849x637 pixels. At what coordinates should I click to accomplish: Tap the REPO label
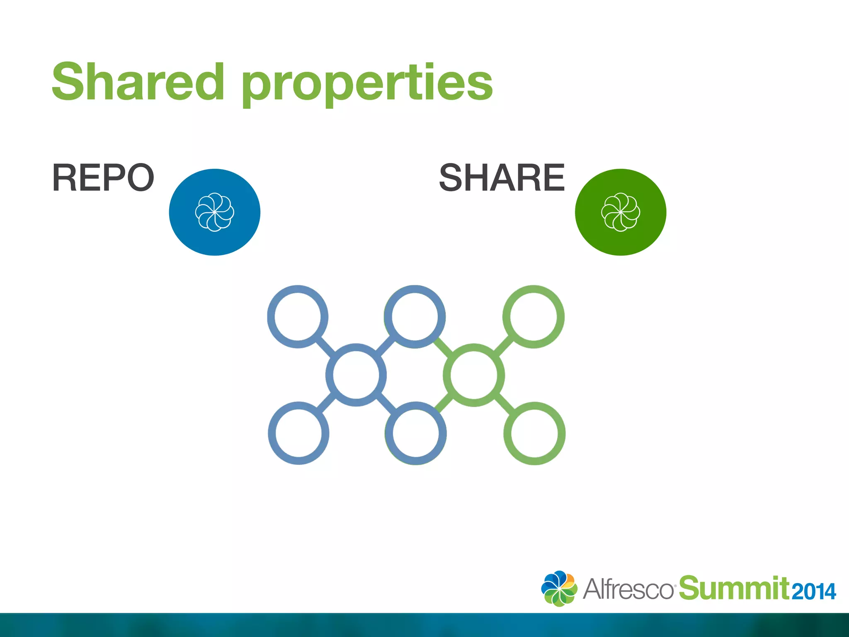point(103,177)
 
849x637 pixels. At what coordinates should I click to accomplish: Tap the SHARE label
point(502,177)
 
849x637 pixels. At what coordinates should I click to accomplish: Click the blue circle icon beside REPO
point(214,212)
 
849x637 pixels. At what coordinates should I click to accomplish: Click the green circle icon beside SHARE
point(620,212)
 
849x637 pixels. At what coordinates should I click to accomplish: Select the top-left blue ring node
point(298,316)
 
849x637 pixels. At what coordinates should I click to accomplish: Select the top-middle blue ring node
point(415,316)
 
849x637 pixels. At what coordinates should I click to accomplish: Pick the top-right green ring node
point(534,316)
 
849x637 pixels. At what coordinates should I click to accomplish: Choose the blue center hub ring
point(356,375)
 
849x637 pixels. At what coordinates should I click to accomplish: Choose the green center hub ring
point(474,375)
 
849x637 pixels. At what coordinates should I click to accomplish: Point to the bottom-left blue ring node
point(298,433)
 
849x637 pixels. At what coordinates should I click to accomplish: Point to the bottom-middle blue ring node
point(415,433)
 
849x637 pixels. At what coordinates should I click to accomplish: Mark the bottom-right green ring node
point(534,433)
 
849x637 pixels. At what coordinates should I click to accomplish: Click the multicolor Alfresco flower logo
point(559,588)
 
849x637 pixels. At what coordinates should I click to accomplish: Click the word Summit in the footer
point(734,588)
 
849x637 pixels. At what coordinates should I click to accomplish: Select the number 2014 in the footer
point(814,591)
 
